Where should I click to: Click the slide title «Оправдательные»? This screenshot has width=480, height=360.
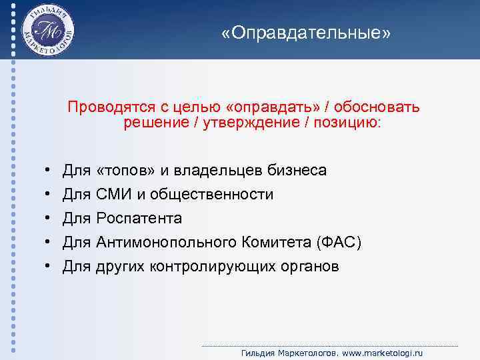307,33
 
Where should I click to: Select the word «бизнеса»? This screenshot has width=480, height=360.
297,171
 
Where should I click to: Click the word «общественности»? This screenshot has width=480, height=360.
211,195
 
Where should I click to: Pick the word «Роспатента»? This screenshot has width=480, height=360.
139,219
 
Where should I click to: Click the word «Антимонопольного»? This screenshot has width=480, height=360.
164,243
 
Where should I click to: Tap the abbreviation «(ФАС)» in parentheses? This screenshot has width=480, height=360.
339,243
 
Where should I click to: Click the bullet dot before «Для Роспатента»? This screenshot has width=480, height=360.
49,219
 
